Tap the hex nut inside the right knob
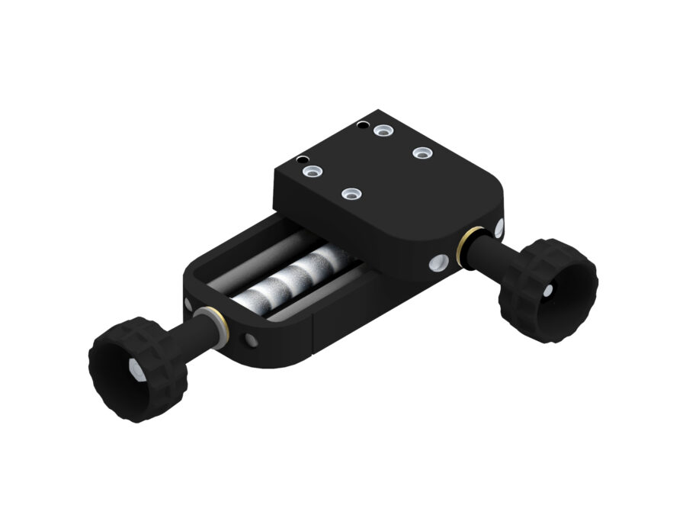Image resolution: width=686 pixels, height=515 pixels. click(549, 291)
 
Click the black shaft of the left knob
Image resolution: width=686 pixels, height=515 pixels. click(183, 336)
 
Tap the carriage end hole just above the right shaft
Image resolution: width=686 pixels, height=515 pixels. click(498, 227)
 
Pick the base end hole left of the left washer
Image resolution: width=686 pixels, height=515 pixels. click(188, 304)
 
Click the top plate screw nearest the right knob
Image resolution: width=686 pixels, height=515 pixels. click(423, 153)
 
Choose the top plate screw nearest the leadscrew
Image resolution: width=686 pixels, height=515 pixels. click(350, 195)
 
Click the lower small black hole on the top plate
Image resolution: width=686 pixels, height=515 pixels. click(303, 160)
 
